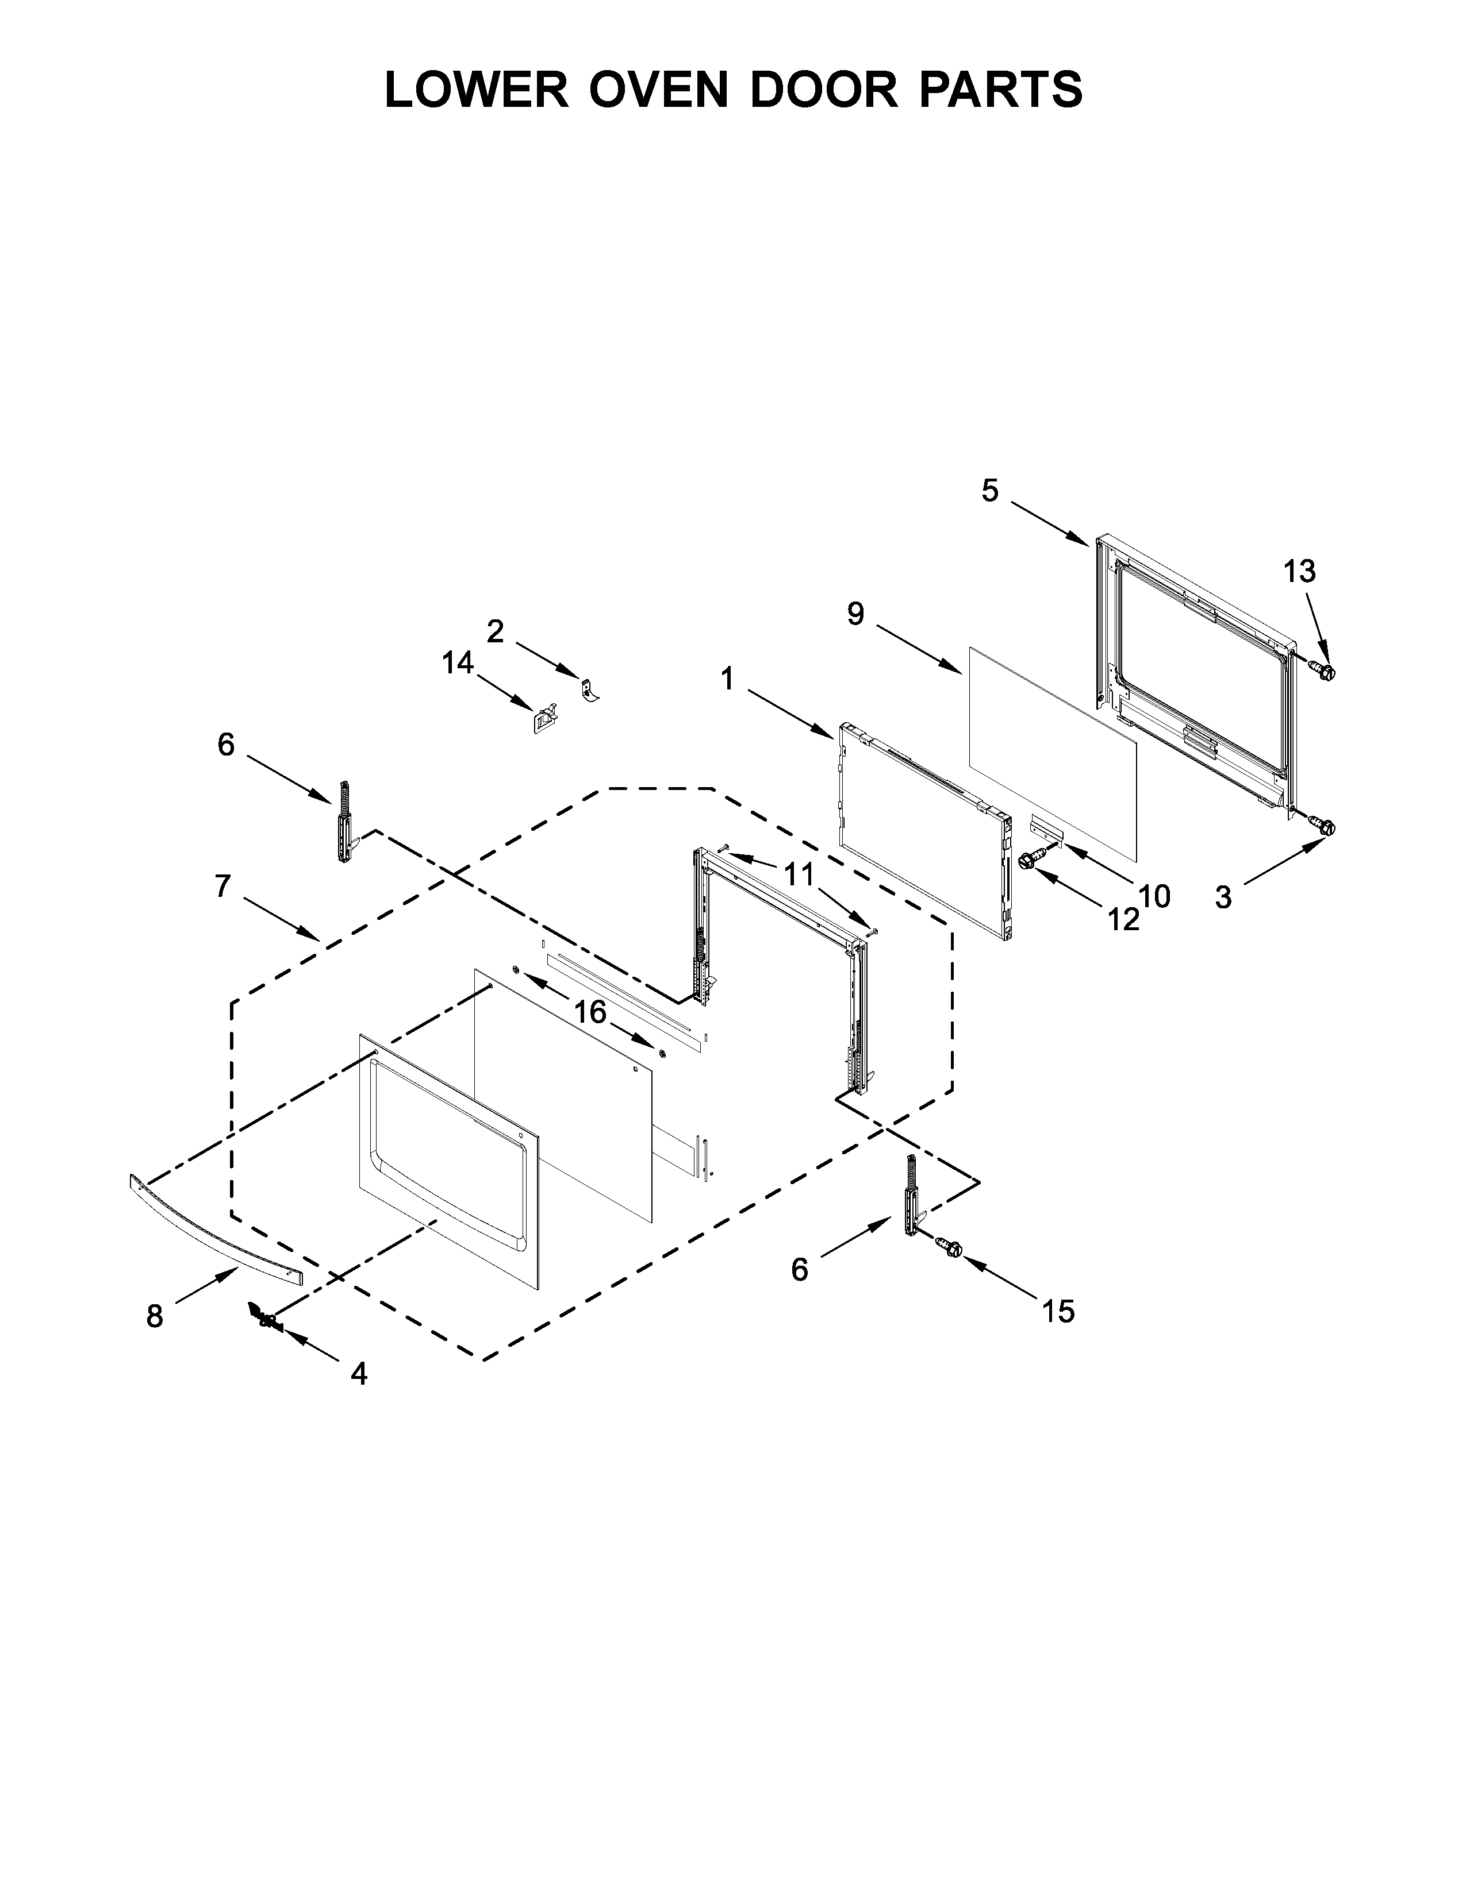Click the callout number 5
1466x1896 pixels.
coord(990,491)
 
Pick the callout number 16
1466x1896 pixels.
coord(590,1011)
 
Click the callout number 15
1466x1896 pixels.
coord(1058,1311)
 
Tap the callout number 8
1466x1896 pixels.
coord(155,1317)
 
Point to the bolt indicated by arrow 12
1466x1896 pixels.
coord(1031,860)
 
